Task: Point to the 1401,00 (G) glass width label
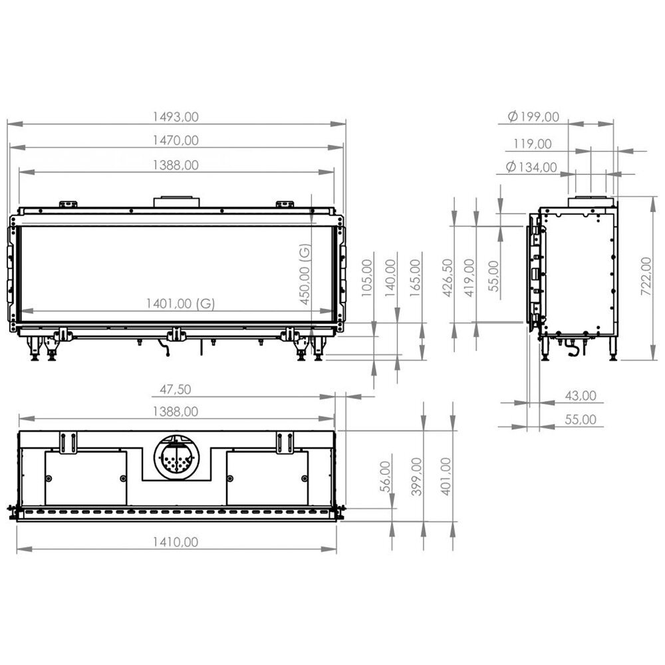[181, 303]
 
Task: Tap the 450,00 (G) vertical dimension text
[305, 274]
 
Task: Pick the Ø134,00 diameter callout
[531, 167]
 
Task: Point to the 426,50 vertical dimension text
[450, 277]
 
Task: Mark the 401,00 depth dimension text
[446, 476]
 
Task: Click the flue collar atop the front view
[176, 201]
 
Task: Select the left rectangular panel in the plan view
[86, 477]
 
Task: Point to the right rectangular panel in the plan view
[267, 477]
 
